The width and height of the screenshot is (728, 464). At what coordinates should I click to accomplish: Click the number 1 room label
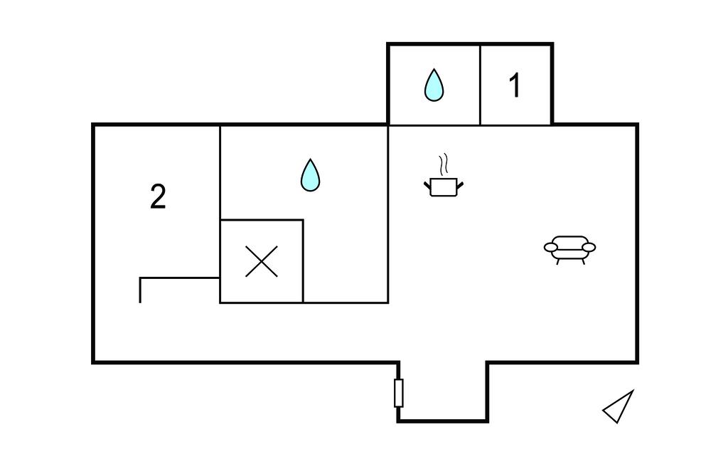pos(515,86)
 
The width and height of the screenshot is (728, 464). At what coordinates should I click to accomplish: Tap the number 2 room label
pos(158,197)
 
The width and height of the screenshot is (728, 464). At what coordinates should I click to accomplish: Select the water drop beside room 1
pos(434,85)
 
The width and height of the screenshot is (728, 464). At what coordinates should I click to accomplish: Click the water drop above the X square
pos(310,175)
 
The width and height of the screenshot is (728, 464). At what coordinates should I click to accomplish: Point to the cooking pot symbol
pos(444,186)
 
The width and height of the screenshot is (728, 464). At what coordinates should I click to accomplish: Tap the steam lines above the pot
pos(444,164)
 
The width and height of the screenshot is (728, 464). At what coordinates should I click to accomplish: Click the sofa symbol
pos(569,249)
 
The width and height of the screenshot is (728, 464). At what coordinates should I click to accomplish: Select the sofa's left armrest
pos(551,248)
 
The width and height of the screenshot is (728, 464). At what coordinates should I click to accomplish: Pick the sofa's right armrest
pos(589,248)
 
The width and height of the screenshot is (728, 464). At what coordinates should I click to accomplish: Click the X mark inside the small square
pos(262,262)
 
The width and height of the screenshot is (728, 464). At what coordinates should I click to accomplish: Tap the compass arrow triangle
pos(619,407)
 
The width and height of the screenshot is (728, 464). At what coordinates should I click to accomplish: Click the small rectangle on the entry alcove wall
pos(398,393)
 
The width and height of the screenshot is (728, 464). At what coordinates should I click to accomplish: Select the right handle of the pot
pos(460,185)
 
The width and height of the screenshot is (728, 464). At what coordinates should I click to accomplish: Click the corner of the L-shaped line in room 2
pos(141,278)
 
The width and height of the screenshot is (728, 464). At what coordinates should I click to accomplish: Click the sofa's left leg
pos(558,261)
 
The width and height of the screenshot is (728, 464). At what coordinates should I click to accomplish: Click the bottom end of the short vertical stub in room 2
pos(140,302)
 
